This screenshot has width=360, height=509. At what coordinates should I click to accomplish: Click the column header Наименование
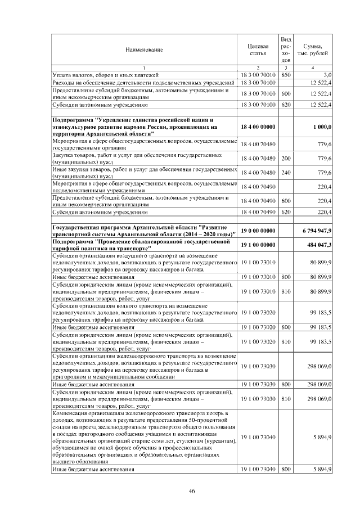click(144, 50)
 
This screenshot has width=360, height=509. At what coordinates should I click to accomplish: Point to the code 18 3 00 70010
click(257, 74)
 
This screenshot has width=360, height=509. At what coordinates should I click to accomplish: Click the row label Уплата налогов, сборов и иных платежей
click(106, 74)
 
